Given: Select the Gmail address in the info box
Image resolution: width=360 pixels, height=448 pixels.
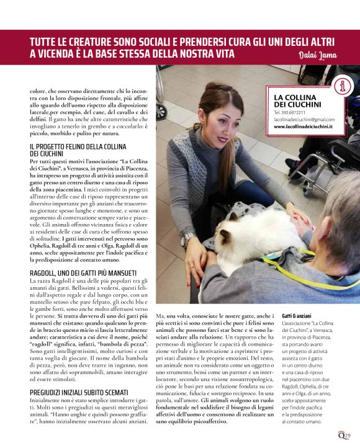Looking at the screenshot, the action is [x=304, y=119].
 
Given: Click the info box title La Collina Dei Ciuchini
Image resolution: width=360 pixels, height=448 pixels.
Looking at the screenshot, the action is [x=297, y=101].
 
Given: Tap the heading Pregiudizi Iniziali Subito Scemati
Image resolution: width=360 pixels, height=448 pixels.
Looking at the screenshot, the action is [x=79, y=393].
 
